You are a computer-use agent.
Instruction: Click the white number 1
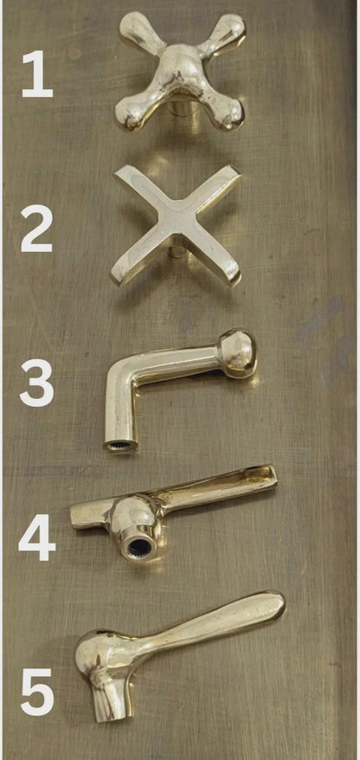click(x=37, y=74)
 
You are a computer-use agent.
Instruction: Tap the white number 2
click(x=36, y=229)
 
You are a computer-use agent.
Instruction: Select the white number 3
click(x=37, y=382)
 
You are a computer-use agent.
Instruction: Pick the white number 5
click(x=37, y=692)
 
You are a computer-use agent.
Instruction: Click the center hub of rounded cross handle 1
click(x=178, y=73)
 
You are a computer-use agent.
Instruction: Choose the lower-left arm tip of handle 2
click(x=121, y=274)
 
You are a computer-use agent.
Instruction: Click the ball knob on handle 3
click(x=236, y=353)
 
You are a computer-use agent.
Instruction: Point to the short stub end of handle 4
click(x=79, y=516)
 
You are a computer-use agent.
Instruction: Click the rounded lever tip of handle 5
click(x=273, y=606)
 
